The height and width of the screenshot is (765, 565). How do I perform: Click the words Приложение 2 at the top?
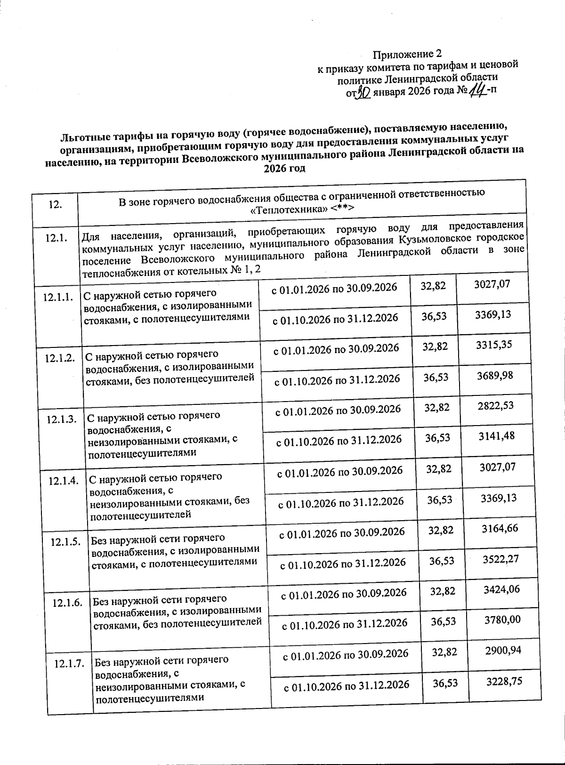pos(407,54)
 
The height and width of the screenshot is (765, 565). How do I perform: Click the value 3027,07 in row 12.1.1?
pos(492,284)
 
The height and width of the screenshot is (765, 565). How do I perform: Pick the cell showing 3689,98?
pos(495,376)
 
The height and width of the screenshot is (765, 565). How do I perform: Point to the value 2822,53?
pos(496,406)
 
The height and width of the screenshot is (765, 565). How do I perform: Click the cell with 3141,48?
pos(497,436)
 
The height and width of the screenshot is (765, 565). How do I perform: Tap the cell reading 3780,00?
pos(503,620)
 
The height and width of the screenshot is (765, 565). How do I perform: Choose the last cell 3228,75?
pos(505,681)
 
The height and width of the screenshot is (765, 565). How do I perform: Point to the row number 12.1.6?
pos(68,603)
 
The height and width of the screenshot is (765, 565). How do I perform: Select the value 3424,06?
pos(502,589)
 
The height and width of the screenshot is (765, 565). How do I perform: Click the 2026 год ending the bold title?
pos(285,168)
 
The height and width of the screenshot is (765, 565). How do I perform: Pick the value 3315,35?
pos(494,345)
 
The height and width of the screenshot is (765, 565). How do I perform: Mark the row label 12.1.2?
pos(60,358)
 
